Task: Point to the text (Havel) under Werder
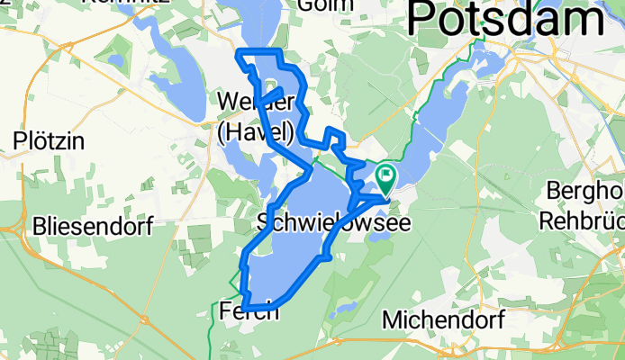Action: (255, 133)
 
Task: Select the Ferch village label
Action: (249, 312)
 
